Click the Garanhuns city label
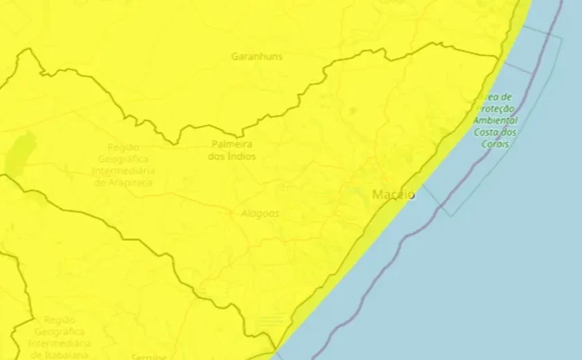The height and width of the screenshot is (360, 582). pyautogui.click(x=256, y=57)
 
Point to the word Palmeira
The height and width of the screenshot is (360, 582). pyautogui.click(x=231, y=145)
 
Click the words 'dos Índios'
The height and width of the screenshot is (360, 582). pyautogui.click(x=231, y=156)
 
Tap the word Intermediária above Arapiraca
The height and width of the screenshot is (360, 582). pyautogui.click(x=124, y=171)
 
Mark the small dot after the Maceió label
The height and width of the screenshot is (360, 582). pyautogui.click(x=412, y=197)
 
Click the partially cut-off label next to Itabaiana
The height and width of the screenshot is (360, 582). pyautogui.click(x=150, y=357)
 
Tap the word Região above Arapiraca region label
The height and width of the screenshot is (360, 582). pyautogui.click(x=123, y=147)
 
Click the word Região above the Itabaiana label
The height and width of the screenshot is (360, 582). pyautogui.click(x=59, y=320)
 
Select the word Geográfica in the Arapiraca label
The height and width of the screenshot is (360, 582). pyautogui.click(x=124, y=159)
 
